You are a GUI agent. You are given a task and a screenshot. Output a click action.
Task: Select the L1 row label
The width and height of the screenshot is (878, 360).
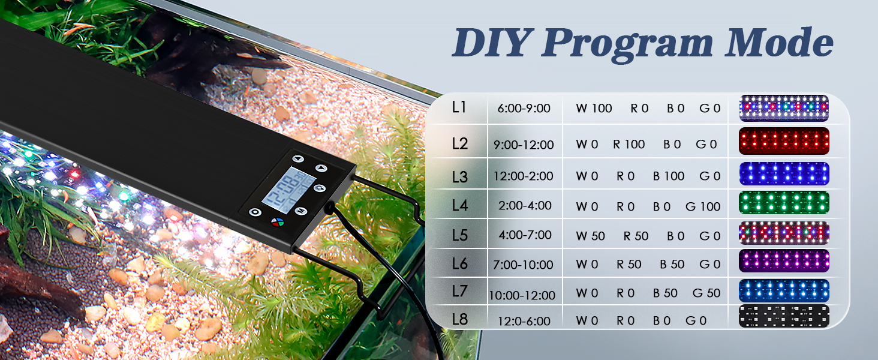pos(459,108)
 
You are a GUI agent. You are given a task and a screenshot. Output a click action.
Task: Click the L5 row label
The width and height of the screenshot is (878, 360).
pos(459,235)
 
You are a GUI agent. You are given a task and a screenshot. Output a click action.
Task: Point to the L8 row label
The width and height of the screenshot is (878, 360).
pos(459,319)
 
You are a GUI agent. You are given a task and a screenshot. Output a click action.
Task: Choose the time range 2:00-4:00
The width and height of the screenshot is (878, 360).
pos(525,206)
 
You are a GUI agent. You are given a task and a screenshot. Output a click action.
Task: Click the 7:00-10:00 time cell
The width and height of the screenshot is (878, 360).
pos(525,265)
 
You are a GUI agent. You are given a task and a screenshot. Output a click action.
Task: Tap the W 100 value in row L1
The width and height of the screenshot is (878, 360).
pos(594,109)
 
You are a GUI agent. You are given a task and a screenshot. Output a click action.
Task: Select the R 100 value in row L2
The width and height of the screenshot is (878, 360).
pos(629,145)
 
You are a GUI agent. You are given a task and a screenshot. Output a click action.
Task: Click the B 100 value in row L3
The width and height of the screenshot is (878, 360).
pos(668,176)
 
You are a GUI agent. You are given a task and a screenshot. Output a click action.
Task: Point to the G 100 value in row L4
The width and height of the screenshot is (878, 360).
pos(702,207)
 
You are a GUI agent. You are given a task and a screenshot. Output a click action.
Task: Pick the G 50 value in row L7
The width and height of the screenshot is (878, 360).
pos(706,293)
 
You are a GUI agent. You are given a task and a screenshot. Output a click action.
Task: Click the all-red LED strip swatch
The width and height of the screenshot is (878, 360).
pos(784,142)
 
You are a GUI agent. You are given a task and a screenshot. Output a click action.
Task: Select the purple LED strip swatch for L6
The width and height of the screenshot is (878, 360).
pos(784,261)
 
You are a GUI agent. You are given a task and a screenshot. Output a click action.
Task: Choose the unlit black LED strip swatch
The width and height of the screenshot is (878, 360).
pos(784,316)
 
